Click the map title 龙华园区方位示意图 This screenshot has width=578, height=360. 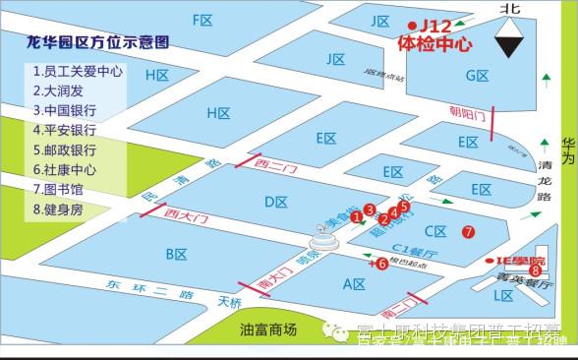(x=97, y=43)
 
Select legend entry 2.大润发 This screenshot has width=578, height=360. (x=61, y=90)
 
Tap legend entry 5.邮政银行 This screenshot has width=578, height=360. (x=65, y=150)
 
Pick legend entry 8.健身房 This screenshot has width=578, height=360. (x=58, y=209)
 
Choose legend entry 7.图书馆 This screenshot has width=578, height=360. (x=58, y=189)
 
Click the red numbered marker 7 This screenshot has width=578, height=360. (x=469, y=232)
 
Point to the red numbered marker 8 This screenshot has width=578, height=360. (x=535, y=270)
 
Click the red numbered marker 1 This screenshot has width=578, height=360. (x=356, y=218)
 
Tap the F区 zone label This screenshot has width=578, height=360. (x=203, y=20)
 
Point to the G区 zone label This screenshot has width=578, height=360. (x=477, y=76)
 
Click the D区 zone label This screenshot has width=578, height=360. (x=276, y=202)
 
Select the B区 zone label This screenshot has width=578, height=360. (x=177, y=255)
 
